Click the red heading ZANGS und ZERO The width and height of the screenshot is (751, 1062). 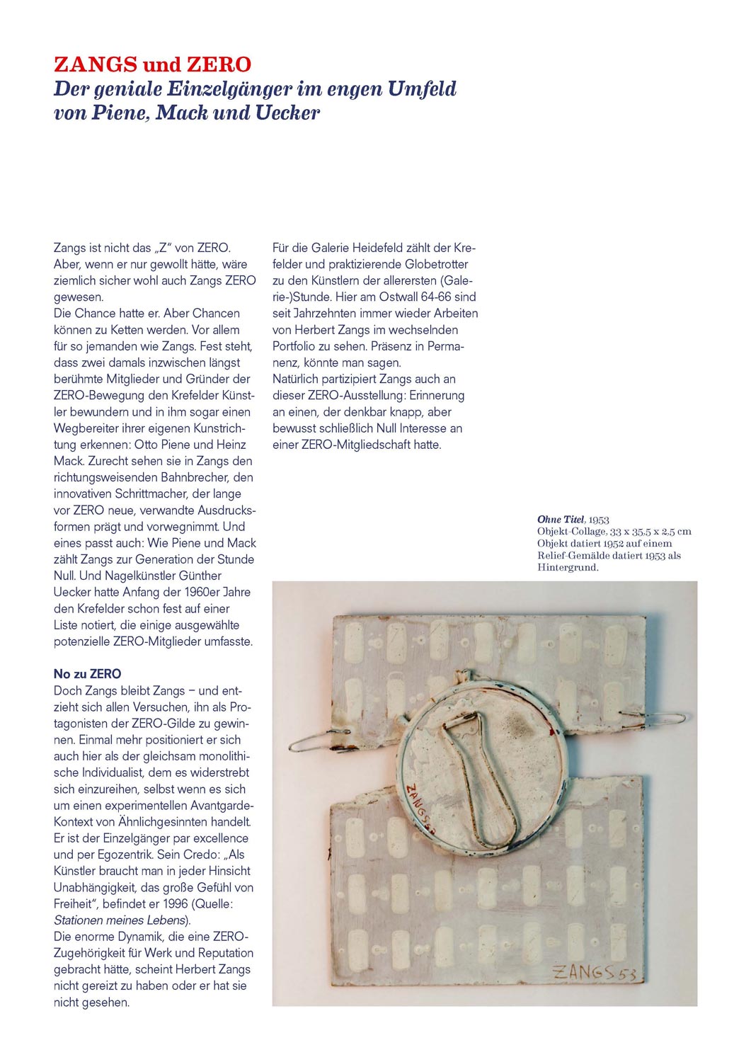tap(152, 64)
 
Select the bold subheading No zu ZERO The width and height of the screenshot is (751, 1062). tap(87, 674)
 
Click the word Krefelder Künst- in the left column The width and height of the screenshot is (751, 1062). tap(212, 396)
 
